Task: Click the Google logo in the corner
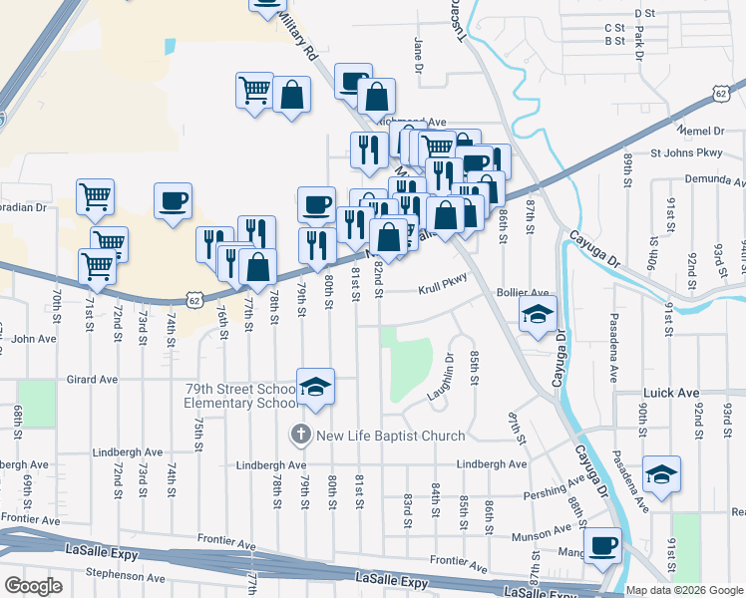click(x=33, y=586)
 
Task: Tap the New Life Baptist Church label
click(x=391, y=436)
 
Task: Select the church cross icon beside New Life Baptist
click(x=300, y=436)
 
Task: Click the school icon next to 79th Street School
click(x=316, y=388)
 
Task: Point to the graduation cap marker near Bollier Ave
click(x=538, y=315)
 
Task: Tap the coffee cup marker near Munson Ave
click(x=602, y=545)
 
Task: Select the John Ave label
click(x=34, y=339)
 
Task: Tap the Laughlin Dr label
click(x=441, y=377)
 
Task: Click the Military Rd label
click(x=297, y=33)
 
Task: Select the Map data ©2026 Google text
click(x=684, y=590)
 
